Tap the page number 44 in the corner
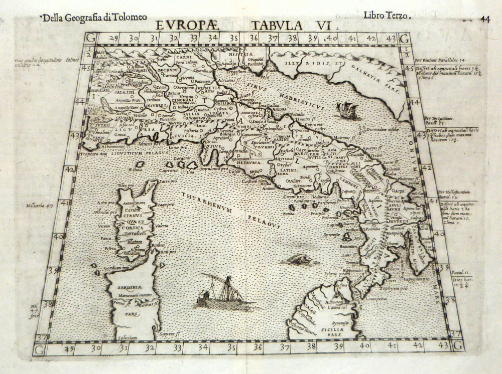click(484, 19)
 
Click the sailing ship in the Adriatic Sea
click(346, 109)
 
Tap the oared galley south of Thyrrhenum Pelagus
click(221, 294)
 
